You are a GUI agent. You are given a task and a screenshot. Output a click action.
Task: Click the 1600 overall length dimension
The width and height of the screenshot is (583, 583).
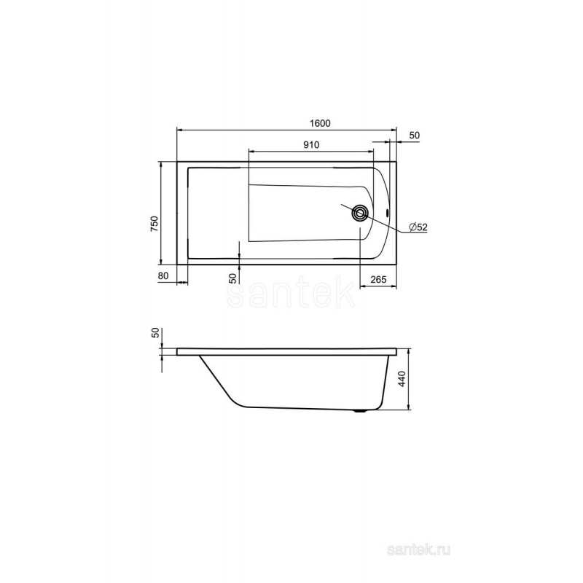coord(320,123)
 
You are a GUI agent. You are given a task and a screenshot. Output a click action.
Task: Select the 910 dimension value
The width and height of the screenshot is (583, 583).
coord(311,144)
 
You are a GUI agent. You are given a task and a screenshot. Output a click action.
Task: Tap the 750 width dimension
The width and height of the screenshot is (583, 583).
coord(154,224)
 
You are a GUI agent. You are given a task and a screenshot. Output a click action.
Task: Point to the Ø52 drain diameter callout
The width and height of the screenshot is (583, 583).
coord(418,227)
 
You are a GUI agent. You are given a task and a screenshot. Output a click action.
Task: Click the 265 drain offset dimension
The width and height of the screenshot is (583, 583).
coord(378,279)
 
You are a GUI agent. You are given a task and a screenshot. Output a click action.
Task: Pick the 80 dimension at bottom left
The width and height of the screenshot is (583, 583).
coord(163,275)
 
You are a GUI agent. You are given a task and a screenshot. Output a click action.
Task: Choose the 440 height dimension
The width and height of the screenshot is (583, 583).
coord(403,378)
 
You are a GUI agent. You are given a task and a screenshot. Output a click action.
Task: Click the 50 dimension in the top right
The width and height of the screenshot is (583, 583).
coord(414,136)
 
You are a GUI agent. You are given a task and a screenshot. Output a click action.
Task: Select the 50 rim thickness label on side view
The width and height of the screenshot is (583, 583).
coord(156,332)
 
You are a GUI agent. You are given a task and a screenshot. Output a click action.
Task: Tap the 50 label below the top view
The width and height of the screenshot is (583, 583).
coord(232,278)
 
